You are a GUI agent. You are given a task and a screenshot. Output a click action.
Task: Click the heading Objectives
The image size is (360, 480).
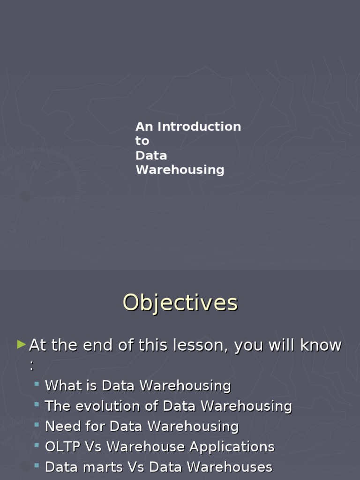pyautogui.click(x=180, y=302)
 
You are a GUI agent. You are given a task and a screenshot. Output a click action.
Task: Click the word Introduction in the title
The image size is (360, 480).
pyautogui.click(x=199, y=127)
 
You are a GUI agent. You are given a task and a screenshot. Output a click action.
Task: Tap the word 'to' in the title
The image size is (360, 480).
pyautogui.click(x=142, y=141)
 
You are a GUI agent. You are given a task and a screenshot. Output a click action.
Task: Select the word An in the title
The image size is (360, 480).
pyautogui.click(x=144, y=127)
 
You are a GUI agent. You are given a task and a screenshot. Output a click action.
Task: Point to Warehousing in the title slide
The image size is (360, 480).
pyautogui.click(x=180, y=170)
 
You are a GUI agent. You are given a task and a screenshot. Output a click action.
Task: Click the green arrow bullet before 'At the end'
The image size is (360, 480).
pyautogui.click(x=21, y=345)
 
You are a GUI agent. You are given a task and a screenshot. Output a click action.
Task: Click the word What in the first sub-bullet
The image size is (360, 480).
pyautogui.click(x=62, y=386)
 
